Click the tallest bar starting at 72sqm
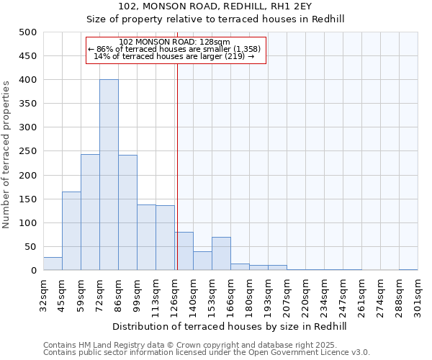[109, 175]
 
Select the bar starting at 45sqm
[71, 230]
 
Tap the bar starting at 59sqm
[90, 212]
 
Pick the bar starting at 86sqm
[127, 212]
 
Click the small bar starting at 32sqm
[53, 264]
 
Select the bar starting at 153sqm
[221, 253]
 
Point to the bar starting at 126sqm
[184, 251]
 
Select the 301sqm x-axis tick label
[418, 295]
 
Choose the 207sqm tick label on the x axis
[287, 295]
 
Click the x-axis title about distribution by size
[230, 326]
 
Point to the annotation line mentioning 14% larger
[174, 56]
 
